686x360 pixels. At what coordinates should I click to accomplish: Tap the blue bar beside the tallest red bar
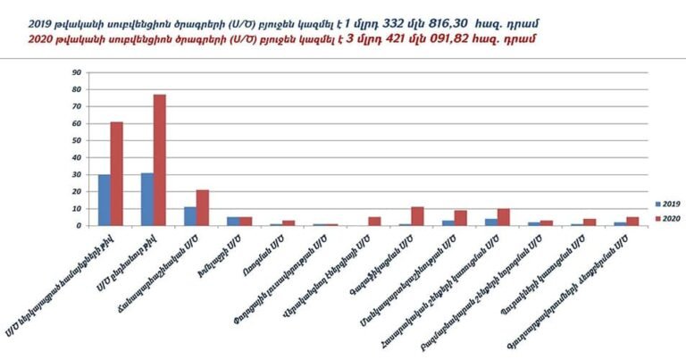(146, 199)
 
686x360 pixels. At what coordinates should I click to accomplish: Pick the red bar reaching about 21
(202, 207)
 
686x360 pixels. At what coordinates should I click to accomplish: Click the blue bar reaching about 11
(189, 216)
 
